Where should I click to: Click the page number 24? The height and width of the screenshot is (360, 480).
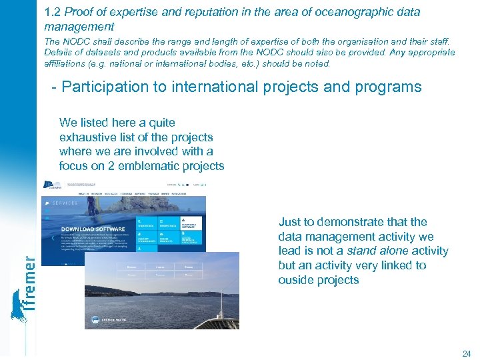(x=466, y=353)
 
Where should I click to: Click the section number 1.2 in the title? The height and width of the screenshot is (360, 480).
(x=53, y=12)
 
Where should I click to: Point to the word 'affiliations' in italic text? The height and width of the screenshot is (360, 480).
(x=67, y=64)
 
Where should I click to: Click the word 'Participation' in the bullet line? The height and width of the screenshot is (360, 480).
(x=109, y=87)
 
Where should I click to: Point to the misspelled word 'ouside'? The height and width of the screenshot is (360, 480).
(x=296, y=280)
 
